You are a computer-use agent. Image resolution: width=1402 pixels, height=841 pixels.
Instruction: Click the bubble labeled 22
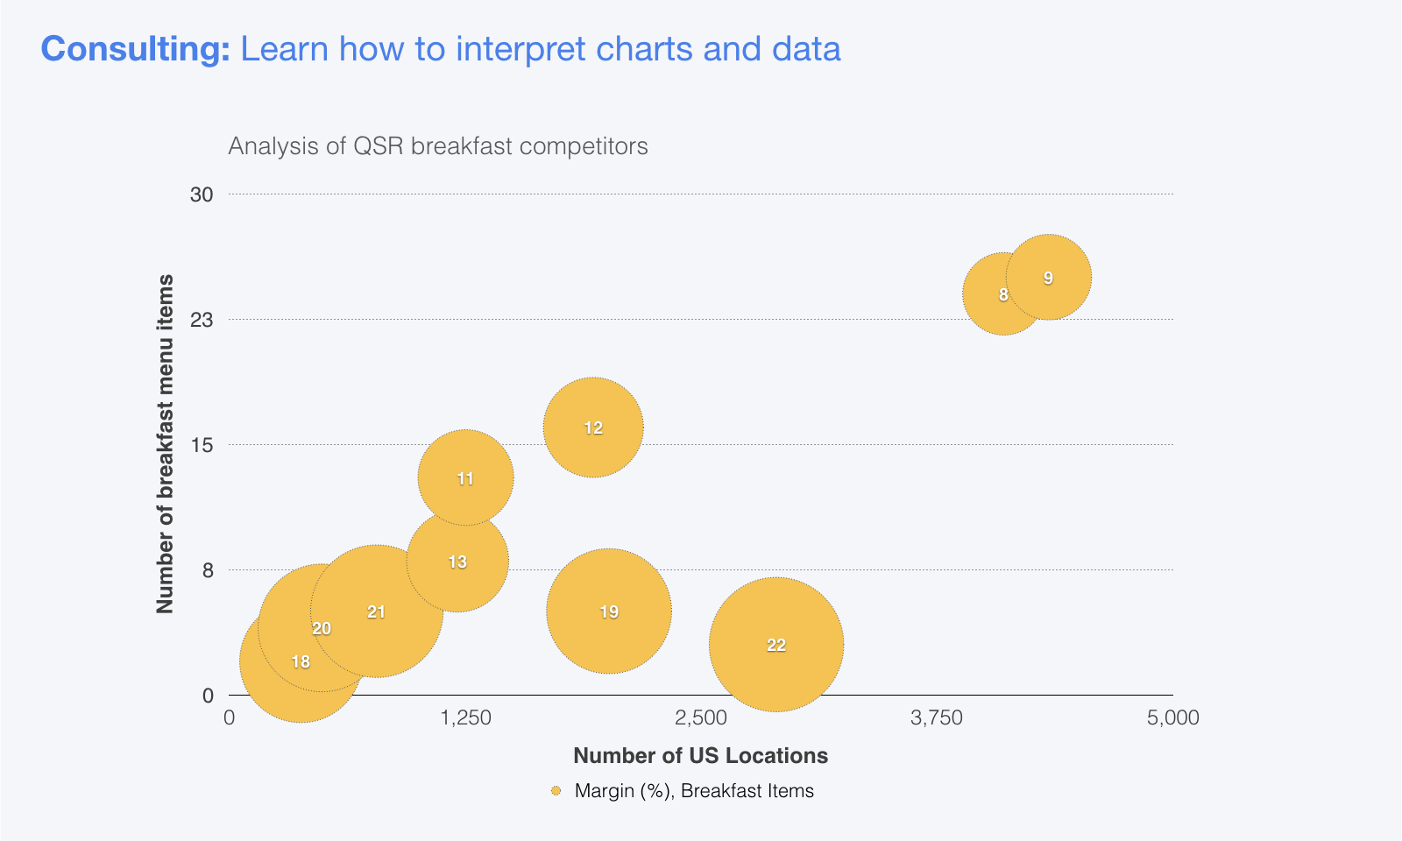tap(776, 645)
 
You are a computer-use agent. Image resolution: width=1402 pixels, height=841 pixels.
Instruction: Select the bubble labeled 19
tap(609, 611)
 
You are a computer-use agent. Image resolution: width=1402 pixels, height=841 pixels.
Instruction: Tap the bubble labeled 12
tap(593, 428)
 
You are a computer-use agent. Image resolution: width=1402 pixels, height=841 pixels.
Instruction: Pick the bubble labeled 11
tap(465, 478)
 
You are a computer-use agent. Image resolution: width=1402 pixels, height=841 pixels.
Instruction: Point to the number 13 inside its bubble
tap(457, 562)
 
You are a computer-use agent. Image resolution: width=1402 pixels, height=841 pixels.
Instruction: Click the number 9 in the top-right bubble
tap(1048, 278)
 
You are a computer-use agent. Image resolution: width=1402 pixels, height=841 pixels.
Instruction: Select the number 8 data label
tap(1003, 295)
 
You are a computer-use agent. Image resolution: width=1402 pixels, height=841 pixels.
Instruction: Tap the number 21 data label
tap(376, 612)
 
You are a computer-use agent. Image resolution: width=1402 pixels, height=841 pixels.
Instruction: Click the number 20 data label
tap(322, 629)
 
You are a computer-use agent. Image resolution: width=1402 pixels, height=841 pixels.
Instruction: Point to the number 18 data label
tap(301, 662)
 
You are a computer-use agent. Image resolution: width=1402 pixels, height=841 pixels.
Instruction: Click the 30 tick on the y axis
tap(202, 194)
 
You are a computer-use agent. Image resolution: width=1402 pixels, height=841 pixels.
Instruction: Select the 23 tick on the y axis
tap(202, 320)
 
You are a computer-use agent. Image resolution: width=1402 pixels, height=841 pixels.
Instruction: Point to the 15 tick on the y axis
tap(202, 445)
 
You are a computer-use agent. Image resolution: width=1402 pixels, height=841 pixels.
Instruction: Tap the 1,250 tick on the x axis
tap(465, 718)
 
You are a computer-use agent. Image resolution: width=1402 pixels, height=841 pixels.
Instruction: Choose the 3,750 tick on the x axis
tap(937, 718)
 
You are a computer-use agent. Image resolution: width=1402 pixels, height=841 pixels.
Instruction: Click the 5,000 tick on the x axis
tap(1172, 718)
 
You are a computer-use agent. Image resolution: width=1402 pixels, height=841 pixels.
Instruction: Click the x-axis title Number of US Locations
tap(700, 755)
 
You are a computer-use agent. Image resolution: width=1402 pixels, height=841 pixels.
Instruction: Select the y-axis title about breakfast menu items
tap(165, 444)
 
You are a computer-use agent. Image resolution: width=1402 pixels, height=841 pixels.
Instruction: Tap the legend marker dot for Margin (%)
tap(556, 791)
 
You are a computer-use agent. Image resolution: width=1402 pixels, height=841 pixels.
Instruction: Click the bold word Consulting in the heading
tap(135, 49)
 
